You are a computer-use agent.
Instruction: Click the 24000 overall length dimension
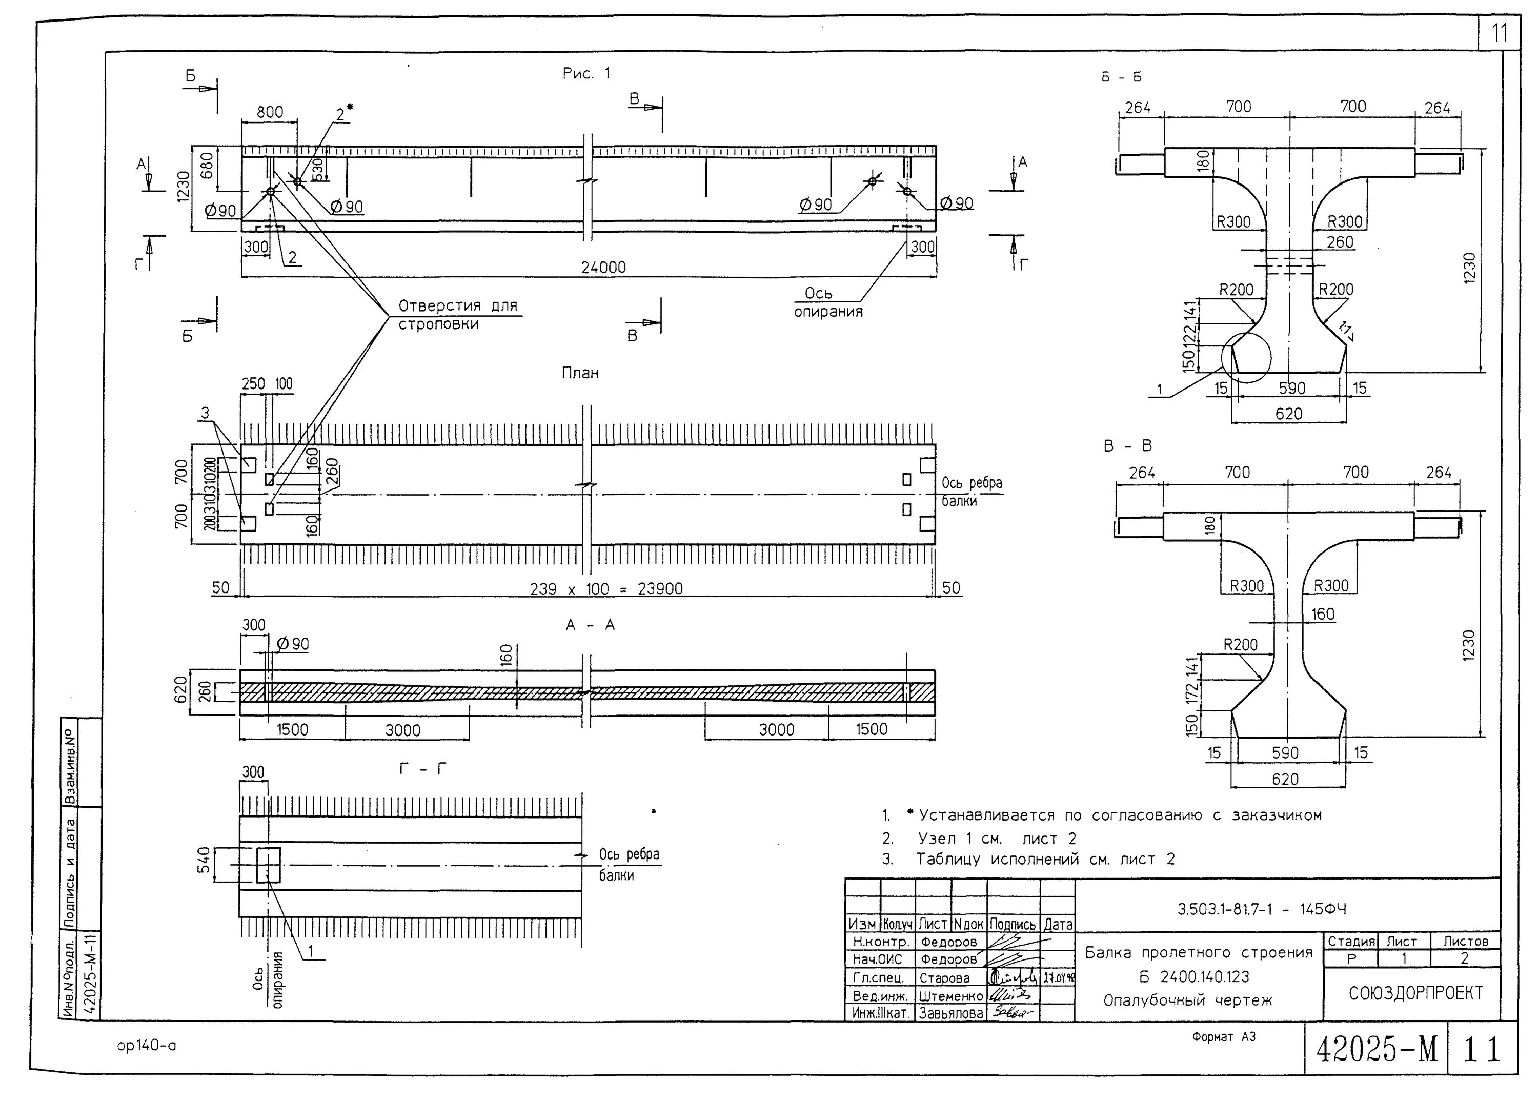pos(603,268)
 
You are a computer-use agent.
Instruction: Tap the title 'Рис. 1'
pos(586,73)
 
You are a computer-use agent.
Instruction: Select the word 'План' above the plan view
pos(580,373)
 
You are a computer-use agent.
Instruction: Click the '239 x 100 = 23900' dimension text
pos(605,588)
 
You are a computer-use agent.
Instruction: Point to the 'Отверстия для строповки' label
pos(457,315)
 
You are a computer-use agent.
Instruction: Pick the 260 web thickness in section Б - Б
pos(1339,242)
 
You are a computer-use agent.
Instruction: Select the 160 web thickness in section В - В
pos(1322,614)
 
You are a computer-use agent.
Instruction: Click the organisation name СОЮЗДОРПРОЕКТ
pos(1415,993)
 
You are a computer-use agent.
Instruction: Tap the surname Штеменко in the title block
pos(950,996)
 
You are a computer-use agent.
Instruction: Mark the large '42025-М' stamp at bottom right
pos(1376,1050)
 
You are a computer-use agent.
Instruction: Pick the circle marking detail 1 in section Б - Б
pos(1246,357)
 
